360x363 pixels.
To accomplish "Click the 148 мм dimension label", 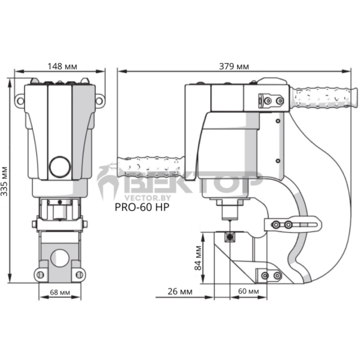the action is point(62,66).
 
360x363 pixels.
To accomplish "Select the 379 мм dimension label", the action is point(234,66).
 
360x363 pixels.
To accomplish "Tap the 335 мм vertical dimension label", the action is point(4,181).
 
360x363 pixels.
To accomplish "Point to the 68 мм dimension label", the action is point(60,292).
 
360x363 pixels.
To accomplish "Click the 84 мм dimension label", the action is point(198,258).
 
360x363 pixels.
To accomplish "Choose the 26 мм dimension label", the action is point(180,291).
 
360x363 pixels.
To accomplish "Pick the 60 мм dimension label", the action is point(249,291).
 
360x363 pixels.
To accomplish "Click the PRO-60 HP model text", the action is point(142,207).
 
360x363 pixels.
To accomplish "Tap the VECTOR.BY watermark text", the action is point(148,198).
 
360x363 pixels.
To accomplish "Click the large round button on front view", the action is point(60,167).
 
